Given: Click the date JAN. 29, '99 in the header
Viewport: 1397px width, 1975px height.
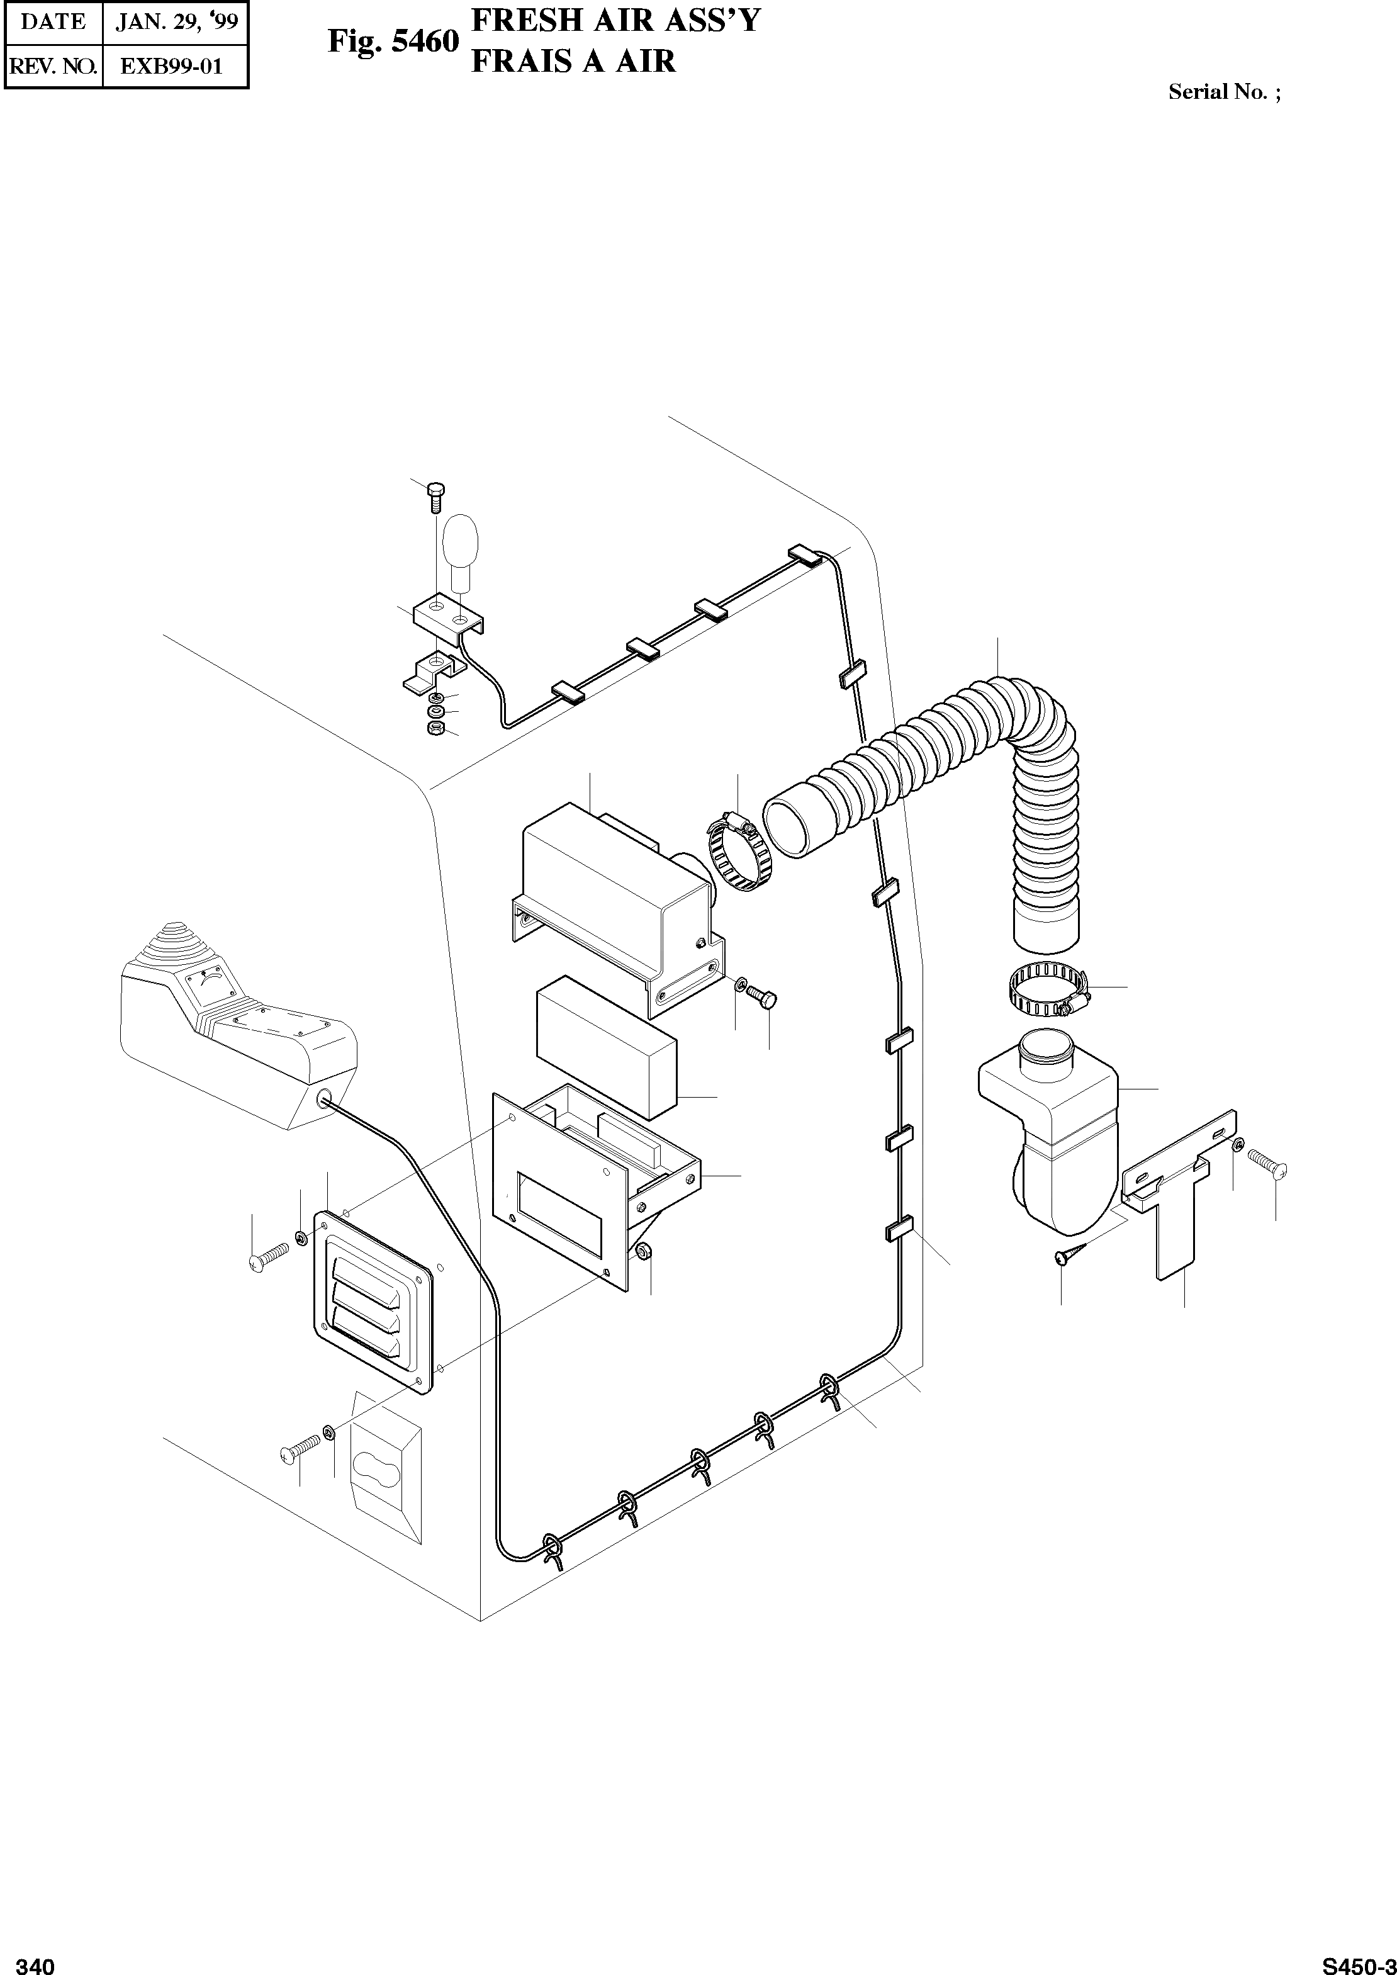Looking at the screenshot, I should pyautogui.click(x=176, y=21).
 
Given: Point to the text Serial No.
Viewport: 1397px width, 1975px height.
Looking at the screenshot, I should pyautogui.click(x=1217, y=92).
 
